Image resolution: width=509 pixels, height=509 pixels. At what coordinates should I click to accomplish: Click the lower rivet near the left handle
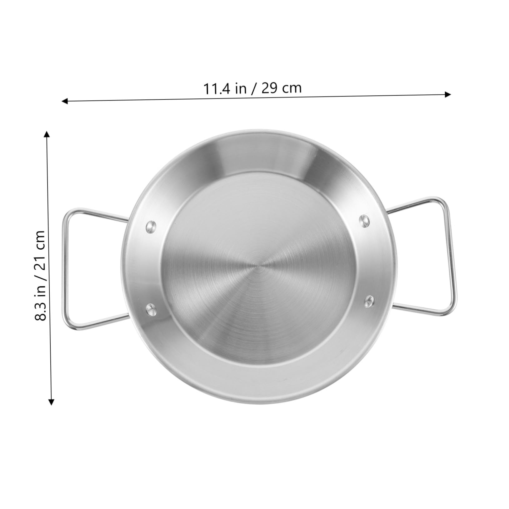(152, 309)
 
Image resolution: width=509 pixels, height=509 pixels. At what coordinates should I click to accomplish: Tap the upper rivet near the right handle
(364, 221)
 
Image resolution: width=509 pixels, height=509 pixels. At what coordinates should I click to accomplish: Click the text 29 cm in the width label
(281, 88)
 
